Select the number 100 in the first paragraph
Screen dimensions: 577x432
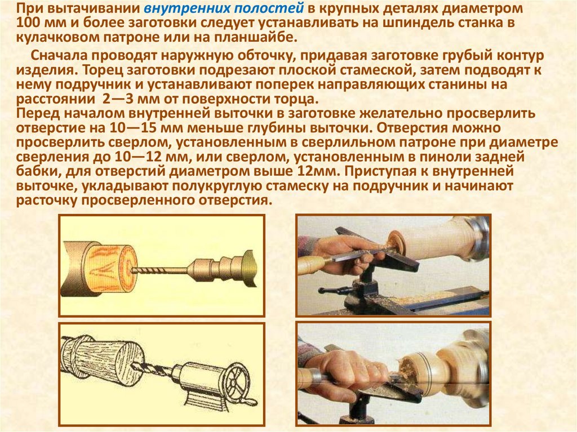pyautogui.click(x=29, y=23)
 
